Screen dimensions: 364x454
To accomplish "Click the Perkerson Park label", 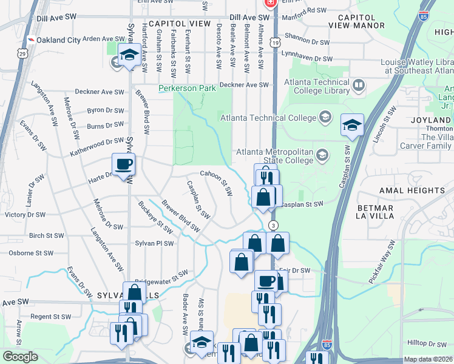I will click(x=187, y=89).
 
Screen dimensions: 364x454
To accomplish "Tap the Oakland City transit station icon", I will click(x=30, y=40).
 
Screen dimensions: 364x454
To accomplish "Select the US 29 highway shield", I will click(x=22, y=54).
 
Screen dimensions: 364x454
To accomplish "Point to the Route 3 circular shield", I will click(x=274, y=225).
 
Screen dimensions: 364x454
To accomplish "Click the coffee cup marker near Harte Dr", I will click(x=123, y=164).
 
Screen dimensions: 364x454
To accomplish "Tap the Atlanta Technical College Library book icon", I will click(x=358, y=85).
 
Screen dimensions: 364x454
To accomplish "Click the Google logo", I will click(x=20, y=357).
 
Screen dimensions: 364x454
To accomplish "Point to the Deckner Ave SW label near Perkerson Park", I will click(x=244, y=85).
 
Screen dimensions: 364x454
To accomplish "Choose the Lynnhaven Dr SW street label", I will click(x=309, y=59).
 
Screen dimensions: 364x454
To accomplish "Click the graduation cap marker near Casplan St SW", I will click(x=352, y=125).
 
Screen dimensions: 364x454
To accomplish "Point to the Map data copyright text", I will click(x=427, y=359).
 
